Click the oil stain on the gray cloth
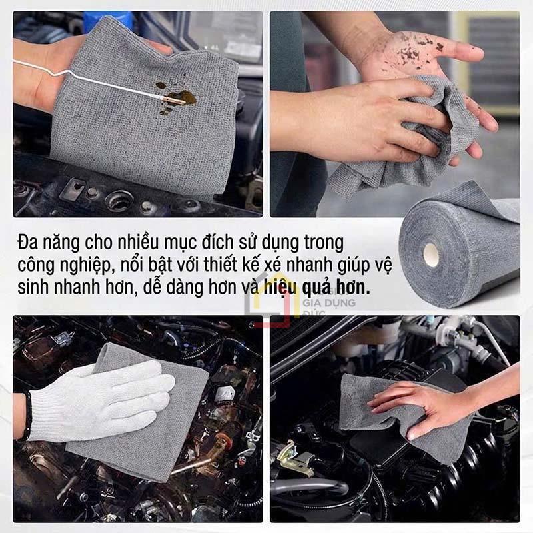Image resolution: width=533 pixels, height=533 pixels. tap(176, 95)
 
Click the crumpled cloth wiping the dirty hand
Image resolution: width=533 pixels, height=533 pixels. tap(426, 133)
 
